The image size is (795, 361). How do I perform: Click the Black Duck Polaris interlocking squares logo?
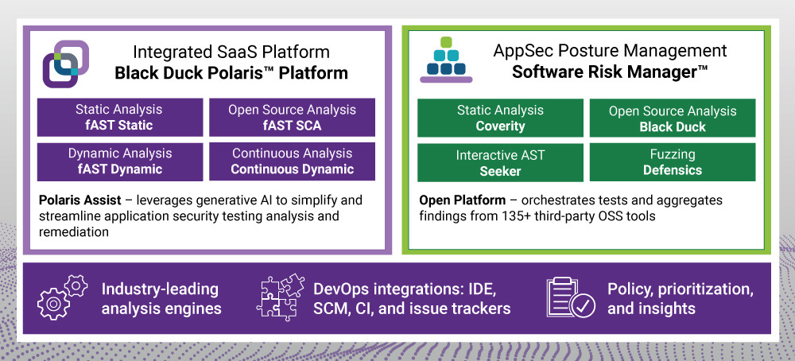tap(66, 63)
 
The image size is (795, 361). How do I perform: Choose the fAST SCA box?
tap(292, 117)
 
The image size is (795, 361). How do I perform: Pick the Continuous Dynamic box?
tap(292, 161)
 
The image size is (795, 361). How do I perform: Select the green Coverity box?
tap(500, 118)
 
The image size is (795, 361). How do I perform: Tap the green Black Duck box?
tap(673, 118)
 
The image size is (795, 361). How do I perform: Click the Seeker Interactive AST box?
tap(500, 162)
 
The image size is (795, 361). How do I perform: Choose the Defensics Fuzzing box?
tap(673, 162)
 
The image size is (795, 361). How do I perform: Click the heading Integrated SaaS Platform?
tap(231, 52)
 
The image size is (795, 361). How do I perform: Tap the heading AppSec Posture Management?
tap(610, 51)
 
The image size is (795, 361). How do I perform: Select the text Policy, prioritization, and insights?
tap(680, 298)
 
